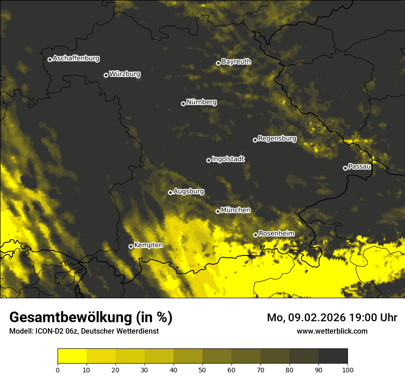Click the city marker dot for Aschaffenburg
tap(50, 59)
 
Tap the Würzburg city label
tap(125, 74)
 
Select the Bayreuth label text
tap(236, 61)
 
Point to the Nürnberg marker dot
tap(183, 104)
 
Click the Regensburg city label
tap(277, 138)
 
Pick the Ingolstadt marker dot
tap(208, 160)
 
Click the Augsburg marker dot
tap(170, 192)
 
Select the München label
tap(236, 210)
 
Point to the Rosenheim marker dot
tap(256, 235)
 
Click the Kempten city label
tap(148, 245)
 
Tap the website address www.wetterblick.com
tap(332, 331)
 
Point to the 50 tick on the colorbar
tap(202, 369)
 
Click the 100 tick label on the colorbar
tap(347, 369)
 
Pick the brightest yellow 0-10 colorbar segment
tap(72, 356)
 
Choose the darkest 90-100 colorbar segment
tap(333, 356)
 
